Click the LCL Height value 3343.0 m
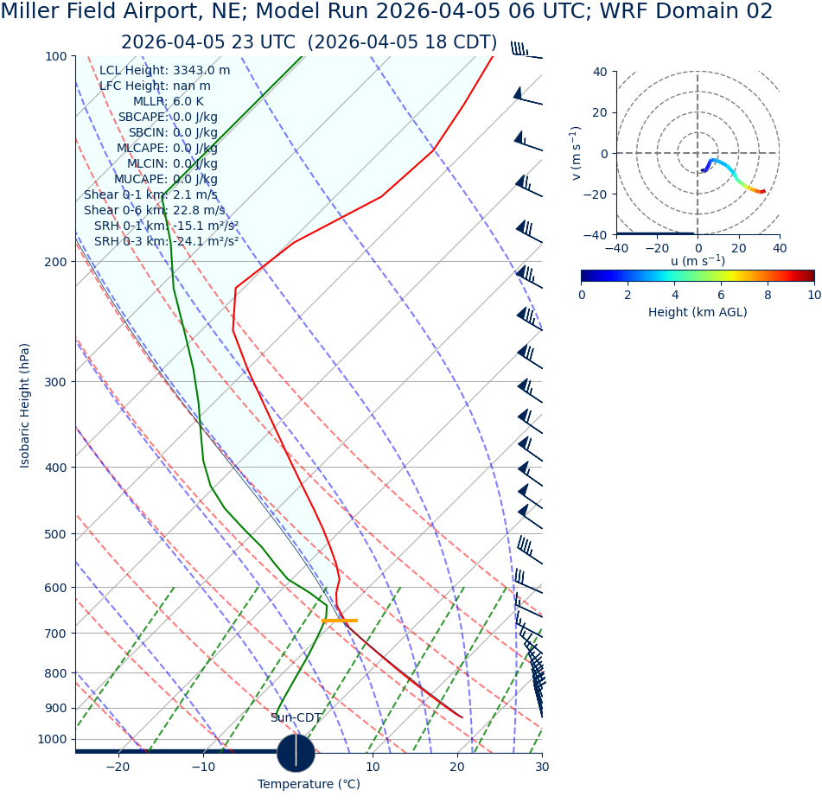201,71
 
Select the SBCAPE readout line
168,118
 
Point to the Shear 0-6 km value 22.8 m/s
199,211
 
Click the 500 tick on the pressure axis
55,534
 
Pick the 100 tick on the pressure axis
55,56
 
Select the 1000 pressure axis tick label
52,740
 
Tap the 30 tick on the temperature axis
542,768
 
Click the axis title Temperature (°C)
309,785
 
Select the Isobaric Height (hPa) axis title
25,405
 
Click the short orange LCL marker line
339,621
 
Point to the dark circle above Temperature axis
296,753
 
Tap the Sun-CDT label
296,718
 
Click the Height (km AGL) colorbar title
698,313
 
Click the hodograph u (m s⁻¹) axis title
698,262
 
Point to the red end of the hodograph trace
762,192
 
